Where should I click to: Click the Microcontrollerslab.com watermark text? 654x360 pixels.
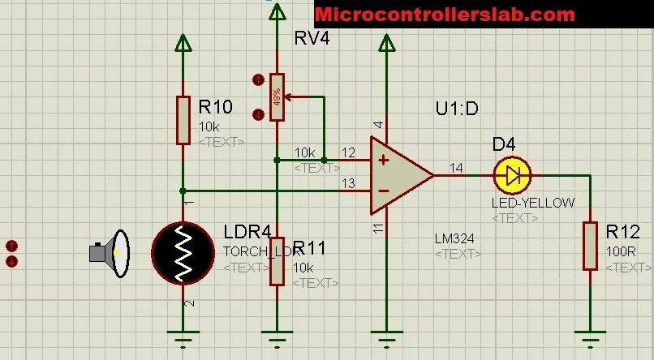tap(445, 14)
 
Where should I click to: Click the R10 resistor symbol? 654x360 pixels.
tap(184, 120)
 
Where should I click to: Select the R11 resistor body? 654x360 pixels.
tap(278, 261)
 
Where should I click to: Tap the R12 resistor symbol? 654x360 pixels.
tap(590, 246)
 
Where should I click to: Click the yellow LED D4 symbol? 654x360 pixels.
tap(512, 174)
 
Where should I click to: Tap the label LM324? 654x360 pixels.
tap(454, 238)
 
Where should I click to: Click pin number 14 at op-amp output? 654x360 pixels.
tap(456, 168)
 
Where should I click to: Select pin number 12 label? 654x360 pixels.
tap(348, 152)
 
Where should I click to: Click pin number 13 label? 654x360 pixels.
tap(348, 184)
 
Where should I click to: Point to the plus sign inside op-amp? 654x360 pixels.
tap(384, 159)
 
